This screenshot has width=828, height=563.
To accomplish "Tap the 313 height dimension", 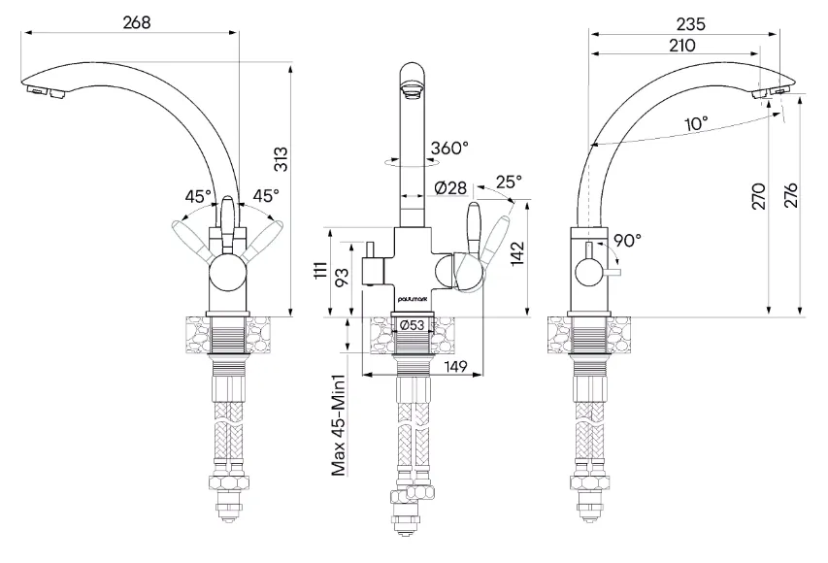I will [280, 159].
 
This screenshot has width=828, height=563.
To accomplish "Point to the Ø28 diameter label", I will [450, 186].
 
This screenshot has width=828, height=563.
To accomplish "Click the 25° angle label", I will [508, 182].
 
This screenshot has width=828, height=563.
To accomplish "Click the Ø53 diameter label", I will [414, 325].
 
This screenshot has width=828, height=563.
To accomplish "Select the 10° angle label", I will [695, 123].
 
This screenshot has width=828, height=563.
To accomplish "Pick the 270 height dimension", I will [759, 195].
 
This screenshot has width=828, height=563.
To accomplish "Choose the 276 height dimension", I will [791, 195].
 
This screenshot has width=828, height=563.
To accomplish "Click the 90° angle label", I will [626, 239].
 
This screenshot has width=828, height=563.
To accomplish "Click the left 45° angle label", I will [199, 193].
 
